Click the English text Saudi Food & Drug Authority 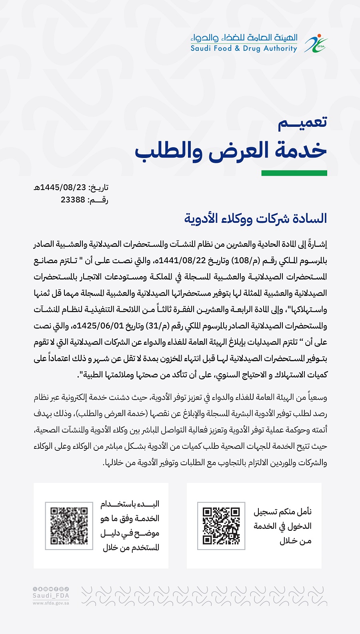[244, 48]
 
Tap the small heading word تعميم [302, 122]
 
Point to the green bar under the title [294, 173]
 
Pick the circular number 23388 [73, 200]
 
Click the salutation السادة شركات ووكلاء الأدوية [256, 218]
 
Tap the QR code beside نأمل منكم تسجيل [221, 526]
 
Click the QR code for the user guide [69, 526]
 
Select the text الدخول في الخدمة [282, 526]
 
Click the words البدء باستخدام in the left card [130, 504]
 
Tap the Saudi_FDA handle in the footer [51, 596]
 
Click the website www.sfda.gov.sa [51, 603]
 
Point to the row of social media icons [51, 589]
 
